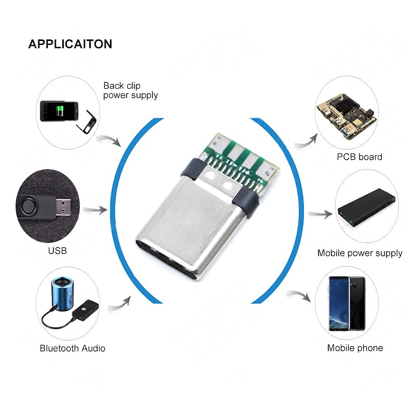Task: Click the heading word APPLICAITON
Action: pos(70,44)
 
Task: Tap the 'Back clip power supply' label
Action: pos(130,90)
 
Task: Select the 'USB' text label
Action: pos(57,251)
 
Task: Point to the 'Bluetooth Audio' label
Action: pos(73,348)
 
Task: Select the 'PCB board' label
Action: pos(359,157)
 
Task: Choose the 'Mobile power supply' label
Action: pos(360,253)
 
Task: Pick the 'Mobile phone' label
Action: pos(355,348)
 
